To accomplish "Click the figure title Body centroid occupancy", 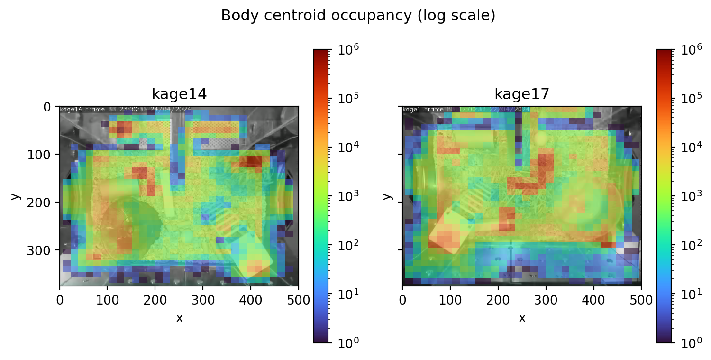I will point(358,16).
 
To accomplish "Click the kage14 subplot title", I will point(179,94).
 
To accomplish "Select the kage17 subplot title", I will point(522,94).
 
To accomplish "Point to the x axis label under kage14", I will point(179,318).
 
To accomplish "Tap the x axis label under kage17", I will point(522,318).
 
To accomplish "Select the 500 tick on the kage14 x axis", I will point(298,300).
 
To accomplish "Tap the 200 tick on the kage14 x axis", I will point(155,300).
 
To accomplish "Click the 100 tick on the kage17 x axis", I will point(450,300).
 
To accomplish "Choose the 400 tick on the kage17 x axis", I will point(593,300).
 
